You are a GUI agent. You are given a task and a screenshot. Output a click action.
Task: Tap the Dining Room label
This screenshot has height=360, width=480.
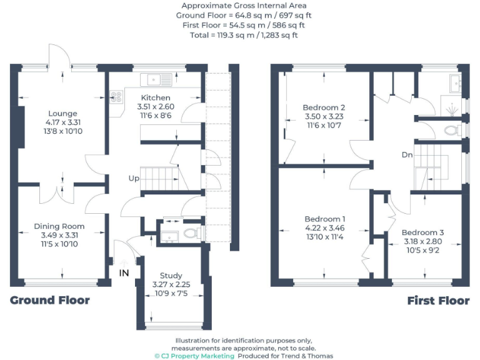click(59, 226)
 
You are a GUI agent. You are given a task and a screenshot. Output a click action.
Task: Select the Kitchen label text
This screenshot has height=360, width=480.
click(155, 98)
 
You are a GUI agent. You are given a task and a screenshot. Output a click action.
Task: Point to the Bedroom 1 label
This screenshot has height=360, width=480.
click(325, 219)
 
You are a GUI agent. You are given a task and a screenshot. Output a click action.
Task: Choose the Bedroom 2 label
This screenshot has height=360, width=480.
click(325, 107)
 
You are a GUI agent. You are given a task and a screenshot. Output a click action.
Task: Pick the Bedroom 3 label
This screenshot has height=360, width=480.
click(422, 232)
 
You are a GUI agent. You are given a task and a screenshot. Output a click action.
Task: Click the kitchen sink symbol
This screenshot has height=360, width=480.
click(156, 79)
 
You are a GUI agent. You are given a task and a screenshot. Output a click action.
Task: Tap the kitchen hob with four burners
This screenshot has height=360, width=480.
click(116, 97)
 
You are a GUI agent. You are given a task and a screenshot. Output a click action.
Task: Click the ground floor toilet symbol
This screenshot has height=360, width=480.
click(193, 234)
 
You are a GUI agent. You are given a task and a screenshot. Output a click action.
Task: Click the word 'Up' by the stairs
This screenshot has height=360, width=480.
click(134, 178)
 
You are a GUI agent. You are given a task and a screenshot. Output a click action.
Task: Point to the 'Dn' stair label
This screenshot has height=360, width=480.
click(407, 154)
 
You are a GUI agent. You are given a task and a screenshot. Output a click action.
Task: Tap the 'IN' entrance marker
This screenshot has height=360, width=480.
click(124, 272)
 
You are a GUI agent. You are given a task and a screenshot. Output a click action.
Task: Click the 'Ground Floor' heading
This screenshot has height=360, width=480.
click(49, 301)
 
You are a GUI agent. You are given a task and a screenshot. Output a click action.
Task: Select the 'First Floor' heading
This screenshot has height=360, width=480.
click(438, 301)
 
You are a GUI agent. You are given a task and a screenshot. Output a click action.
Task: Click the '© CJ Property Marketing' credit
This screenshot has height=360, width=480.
click(194, 356)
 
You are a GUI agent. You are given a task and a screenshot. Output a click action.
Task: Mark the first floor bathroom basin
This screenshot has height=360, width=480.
click(454, 83)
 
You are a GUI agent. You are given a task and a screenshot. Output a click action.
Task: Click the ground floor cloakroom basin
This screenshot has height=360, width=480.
click(169, 235)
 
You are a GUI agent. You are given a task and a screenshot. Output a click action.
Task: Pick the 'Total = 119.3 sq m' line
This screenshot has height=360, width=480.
click(244, 35)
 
